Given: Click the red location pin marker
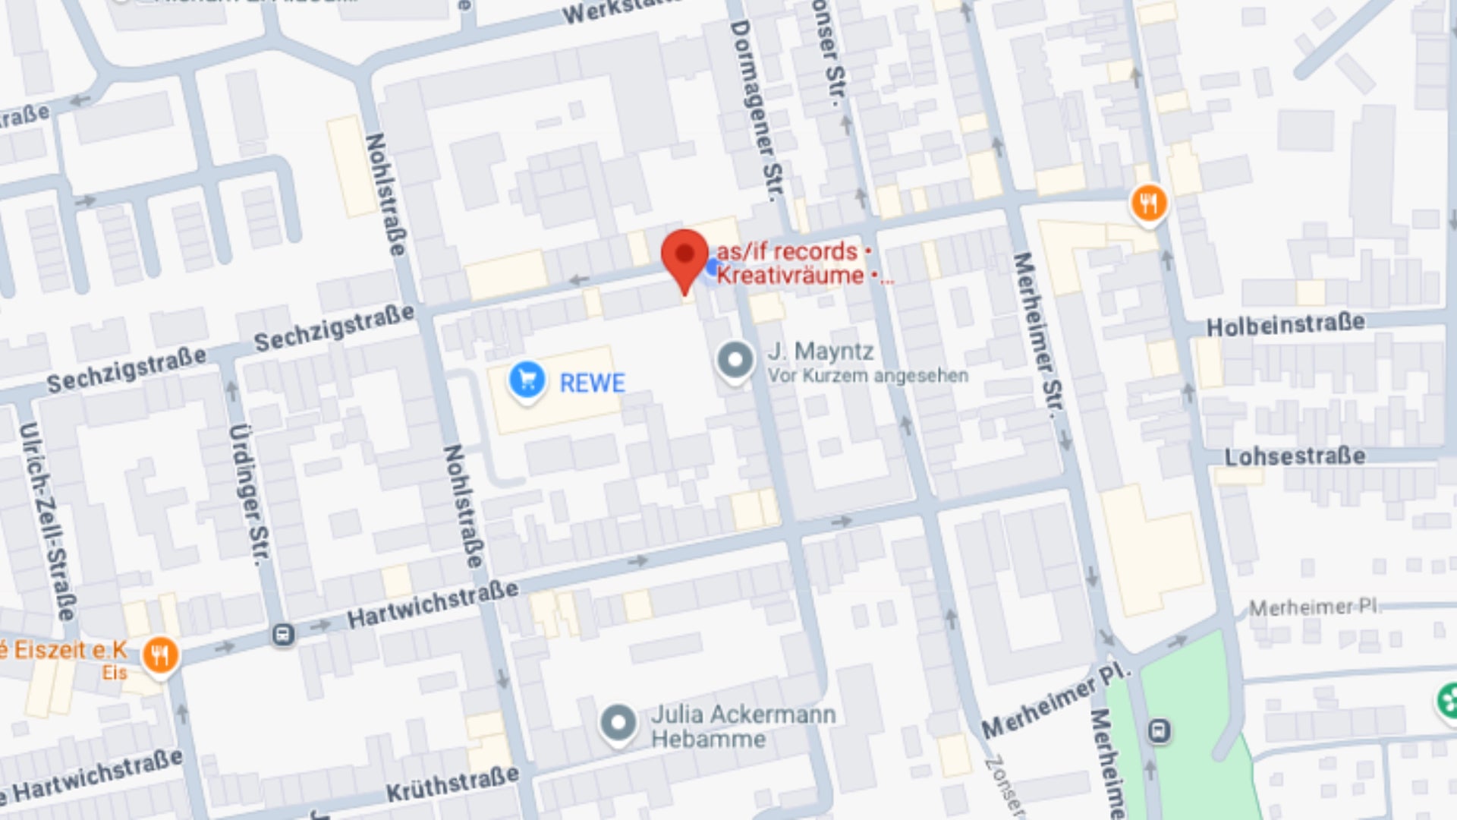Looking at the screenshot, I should (684, 257).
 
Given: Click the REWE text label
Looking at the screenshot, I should (592, 383).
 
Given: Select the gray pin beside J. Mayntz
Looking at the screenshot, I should (735, 360).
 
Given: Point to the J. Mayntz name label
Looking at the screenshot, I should (820, 352).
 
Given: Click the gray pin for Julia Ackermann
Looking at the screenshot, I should (618, 723).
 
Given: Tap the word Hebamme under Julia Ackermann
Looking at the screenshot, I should (708, 740).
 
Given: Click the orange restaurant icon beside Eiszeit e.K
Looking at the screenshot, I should (160, 654).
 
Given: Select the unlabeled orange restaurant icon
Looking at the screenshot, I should (1149, 203).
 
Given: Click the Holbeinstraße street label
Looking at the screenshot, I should (1285, 325).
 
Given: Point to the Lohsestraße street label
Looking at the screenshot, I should (1295, 456).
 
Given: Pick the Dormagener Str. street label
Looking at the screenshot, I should (755, 110).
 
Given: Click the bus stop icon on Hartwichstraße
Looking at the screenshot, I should (283, 634).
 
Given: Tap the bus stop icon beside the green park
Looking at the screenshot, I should (1159, 731).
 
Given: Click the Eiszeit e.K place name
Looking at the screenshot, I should (65, 651).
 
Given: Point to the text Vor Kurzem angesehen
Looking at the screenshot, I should (867, 376).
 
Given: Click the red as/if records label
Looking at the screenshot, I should (787, 251).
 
